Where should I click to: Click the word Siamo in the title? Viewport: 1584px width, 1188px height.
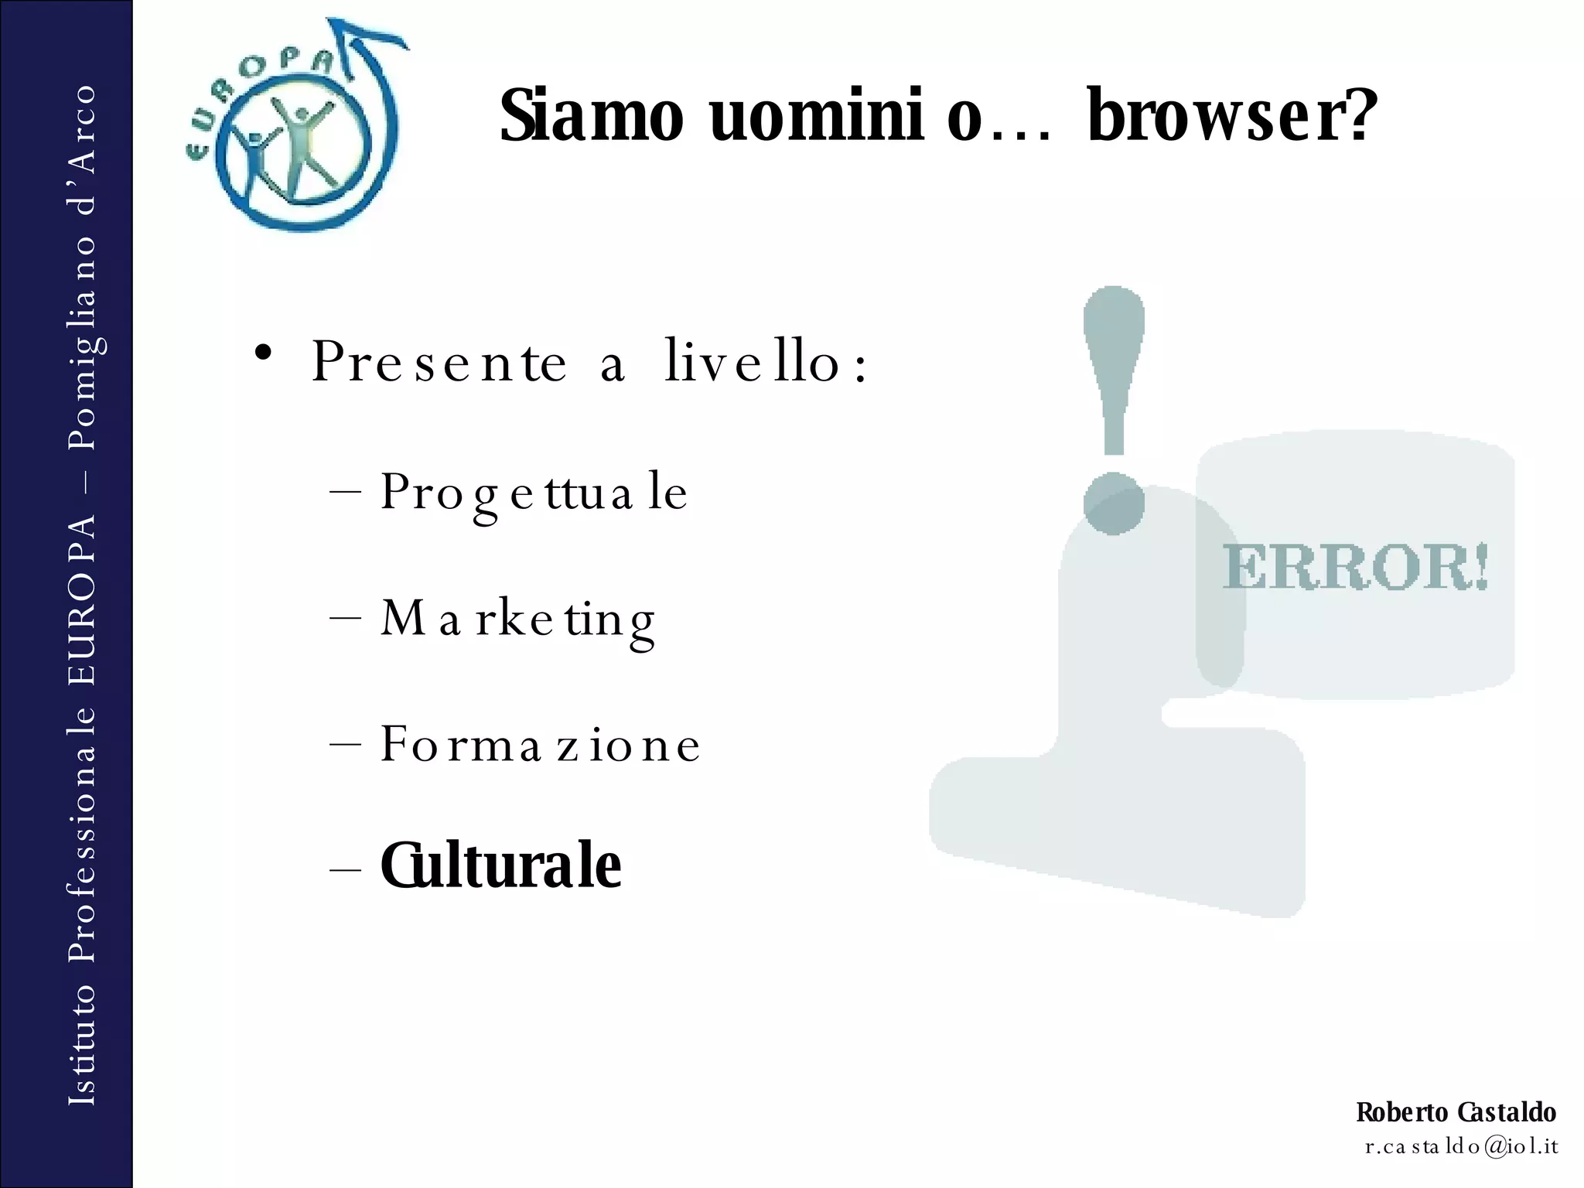coord(592,116)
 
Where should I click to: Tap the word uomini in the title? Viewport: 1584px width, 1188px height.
coord(816,116)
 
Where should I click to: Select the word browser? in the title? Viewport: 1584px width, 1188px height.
coord(1232,116)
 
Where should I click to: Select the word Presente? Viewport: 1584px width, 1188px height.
coord(439,362)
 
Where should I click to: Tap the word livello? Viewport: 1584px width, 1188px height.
coord(766,362)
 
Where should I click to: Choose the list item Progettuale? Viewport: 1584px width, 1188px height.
coord(534,493)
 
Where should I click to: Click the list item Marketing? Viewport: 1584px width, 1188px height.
coord(518,620)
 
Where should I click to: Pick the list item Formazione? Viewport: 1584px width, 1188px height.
coord(540,745)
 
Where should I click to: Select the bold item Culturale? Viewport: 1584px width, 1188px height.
coord(500,865)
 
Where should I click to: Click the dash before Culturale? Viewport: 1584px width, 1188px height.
coord(345,869)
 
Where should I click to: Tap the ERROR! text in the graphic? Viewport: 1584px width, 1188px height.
coord(1355,567)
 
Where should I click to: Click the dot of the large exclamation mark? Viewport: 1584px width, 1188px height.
coord(1114,504)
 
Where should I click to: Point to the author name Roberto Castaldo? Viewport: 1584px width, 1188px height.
coord(1456,1112)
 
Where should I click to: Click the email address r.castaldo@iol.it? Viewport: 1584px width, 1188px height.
coord(1461,1146)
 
